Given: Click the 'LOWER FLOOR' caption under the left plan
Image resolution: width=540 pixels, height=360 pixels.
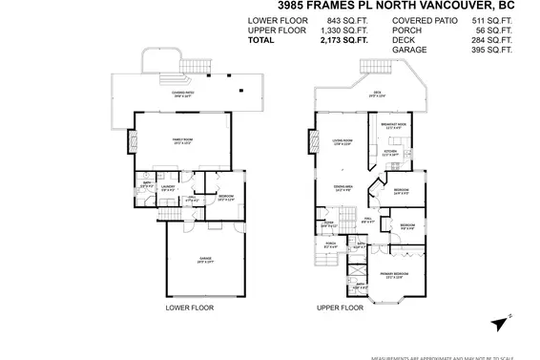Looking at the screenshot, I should point(189,308).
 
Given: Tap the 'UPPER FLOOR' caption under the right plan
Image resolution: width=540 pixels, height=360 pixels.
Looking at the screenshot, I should point(341,308).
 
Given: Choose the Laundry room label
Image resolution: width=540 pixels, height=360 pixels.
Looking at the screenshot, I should point(166,188).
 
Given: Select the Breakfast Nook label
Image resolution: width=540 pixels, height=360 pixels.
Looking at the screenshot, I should point(394,126).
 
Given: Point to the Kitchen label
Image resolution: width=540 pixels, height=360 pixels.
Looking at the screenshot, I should point(389,152).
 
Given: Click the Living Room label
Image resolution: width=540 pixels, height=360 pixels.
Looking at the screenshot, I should point(343,142).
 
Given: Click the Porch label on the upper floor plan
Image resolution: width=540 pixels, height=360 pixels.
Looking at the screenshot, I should point(330,245).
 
